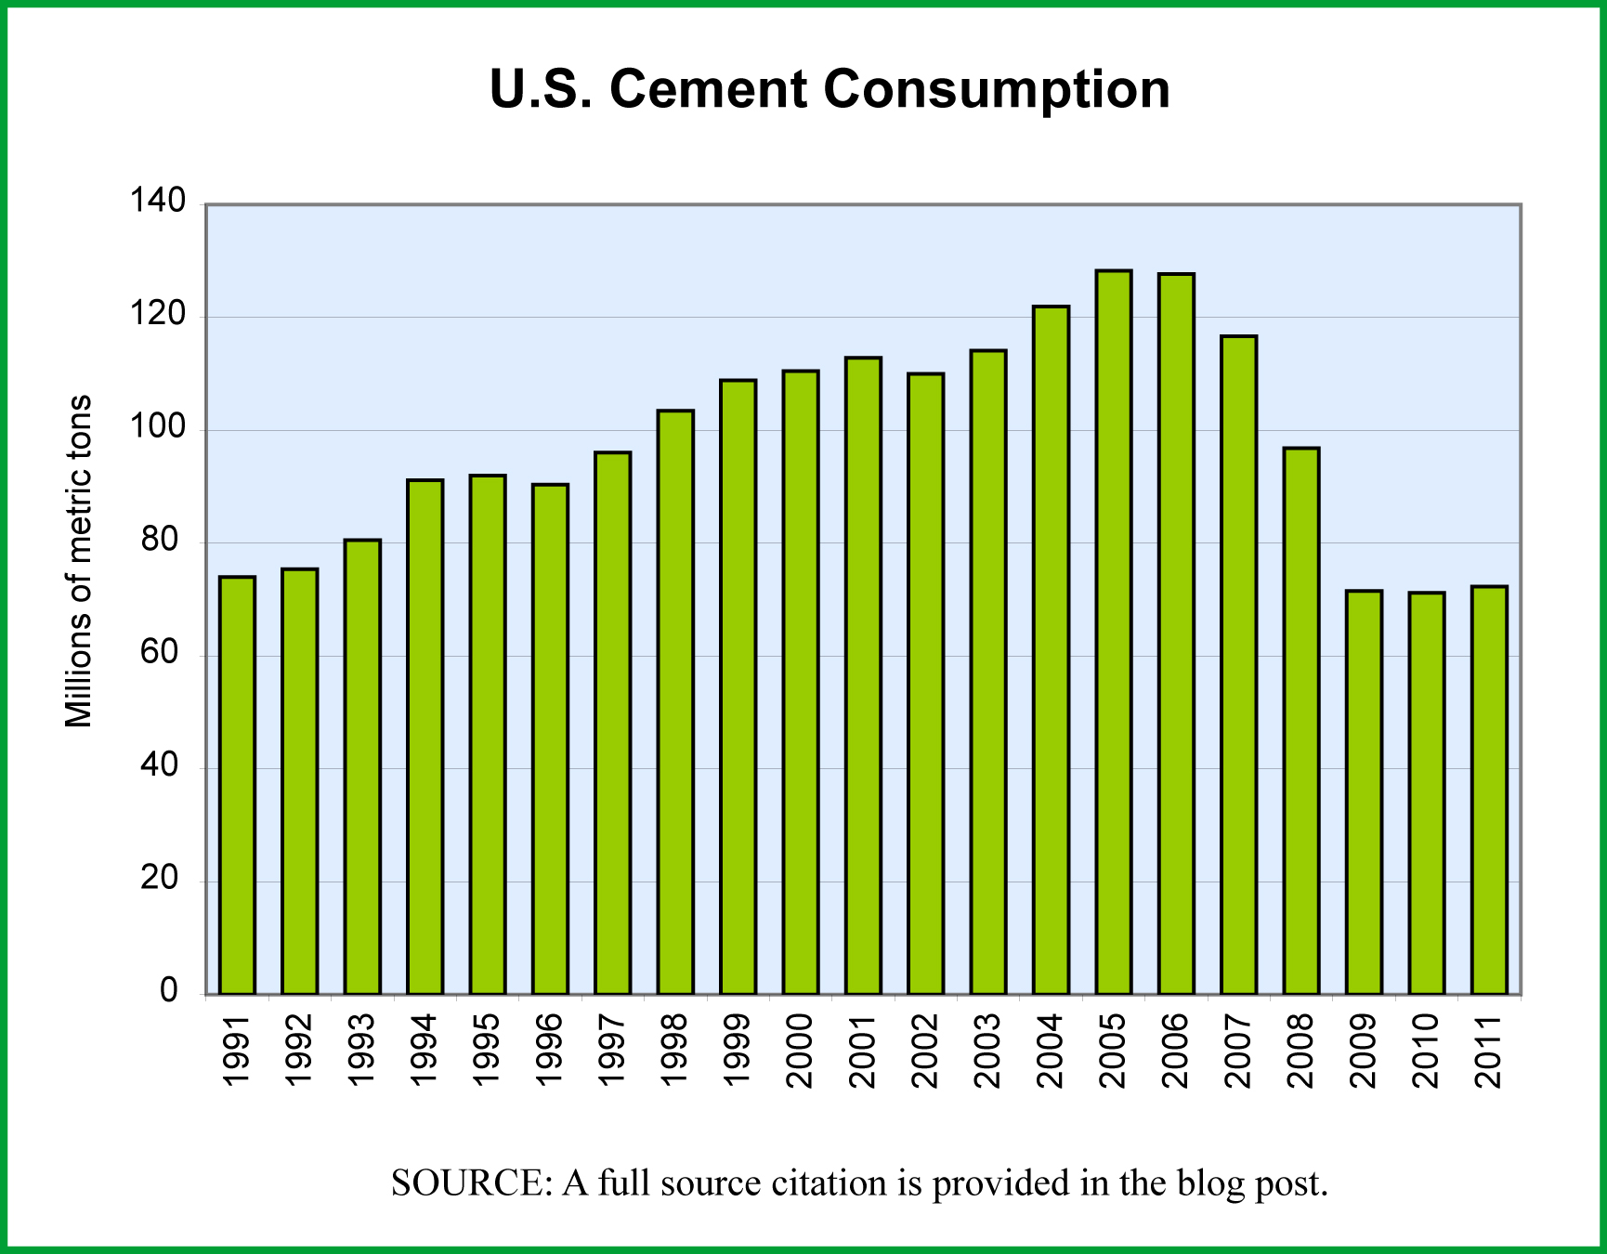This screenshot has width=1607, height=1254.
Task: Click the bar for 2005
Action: point(1114,632)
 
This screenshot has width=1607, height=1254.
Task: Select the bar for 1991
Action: point(237,785)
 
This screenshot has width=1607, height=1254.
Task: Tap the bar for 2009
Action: point(1364,791)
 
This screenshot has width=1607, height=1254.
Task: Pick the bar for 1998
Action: point(675,701)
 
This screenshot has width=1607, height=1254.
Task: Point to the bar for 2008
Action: point(1301,720)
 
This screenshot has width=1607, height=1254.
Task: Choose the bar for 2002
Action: point(926,683)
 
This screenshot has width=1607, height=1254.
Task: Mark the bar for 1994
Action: point(425,737)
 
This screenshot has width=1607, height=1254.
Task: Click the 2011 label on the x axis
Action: point(1490,1051)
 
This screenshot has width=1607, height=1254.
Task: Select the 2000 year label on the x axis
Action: point(800,1051)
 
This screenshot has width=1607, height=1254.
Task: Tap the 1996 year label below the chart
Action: point(550,1051)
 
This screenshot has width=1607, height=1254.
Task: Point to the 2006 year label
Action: point(1176,1051)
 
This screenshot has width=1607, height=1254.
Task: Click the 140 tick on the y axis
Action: point(158,202)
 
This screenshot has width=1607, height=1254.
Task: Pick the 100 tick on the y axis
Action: point(158,428)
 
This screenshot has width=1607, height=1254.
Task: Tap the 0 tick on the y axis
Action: point(169,991)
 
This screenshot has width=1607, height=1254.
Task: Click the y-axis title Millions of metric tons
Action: point(80,561)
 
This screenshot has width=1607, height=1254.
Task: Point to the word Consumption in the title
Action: point(996,90)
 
